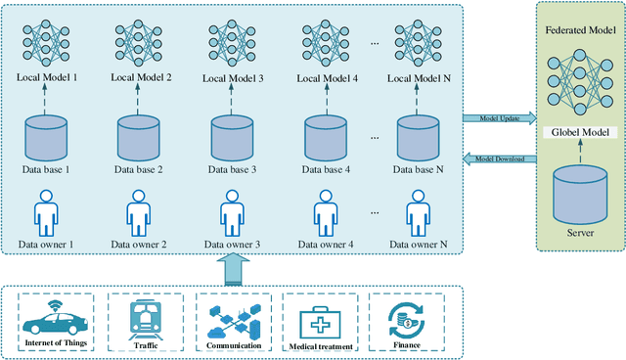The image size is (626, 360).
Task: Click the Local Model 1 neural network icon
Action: [x=44, y=38]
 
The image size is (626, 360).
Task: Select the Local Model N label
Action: [x=419, y=76]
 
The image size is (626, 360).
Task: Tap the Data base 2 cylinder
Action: [x=138, y=139]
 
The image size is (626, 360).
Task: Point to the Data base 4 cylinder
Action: [x=326, y=139]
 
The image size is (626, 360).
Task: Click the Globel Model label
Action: [x=582, y=132]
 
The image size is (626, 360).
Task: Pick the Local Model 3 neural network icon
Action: [x=232, y=38]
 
